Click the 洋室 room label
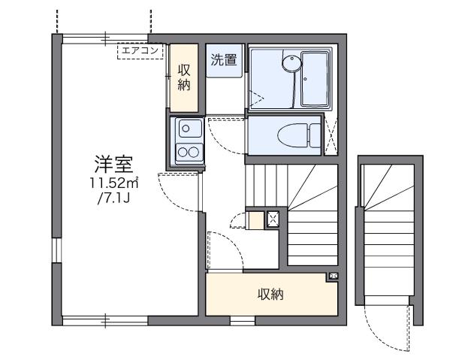(110, 164)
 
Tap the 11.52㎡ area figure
(111, 183)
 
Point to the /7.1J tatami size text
(111, 200)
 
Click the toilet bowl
(288, 136)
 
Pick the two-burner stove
(186, 153)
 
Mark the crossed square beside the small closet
(273, 220)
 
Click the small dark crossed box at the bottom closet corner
(332, 277)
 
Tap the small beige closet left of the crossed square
(255, 221)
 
